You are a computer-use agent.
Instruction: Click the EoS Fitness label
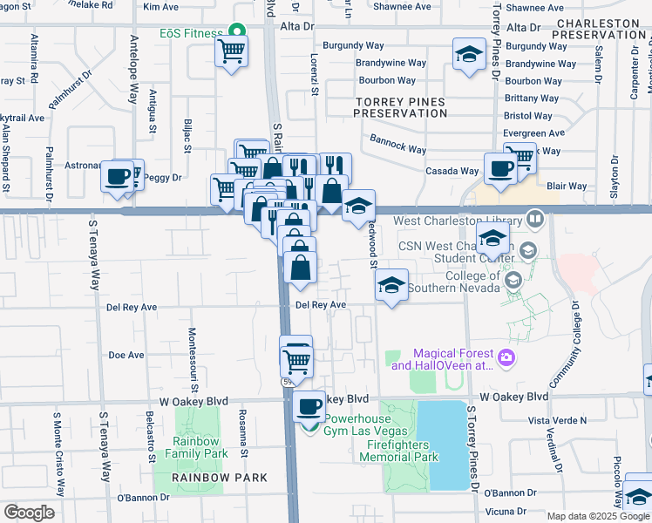190,33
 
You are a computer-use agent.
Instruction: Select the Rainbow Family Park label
198,447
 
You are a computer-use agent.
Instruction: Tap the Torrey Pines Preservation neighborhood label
402,108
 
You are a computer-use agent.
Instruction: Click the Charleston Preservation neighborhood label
601,29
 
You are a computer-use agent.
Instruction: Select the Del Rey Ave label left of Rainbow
131,308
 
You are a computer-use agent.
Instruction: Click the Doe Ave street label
126,356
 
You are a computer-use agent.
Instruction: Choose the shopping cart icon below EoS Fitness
231,52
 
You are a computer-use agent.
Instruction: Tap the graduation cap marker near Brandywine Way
469,54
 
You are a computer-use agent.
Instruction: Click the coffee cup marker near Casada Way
500,168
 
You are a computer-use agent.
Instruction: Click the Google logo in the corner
29,513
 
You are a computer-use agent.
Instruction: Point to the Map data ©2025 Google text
598,516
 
